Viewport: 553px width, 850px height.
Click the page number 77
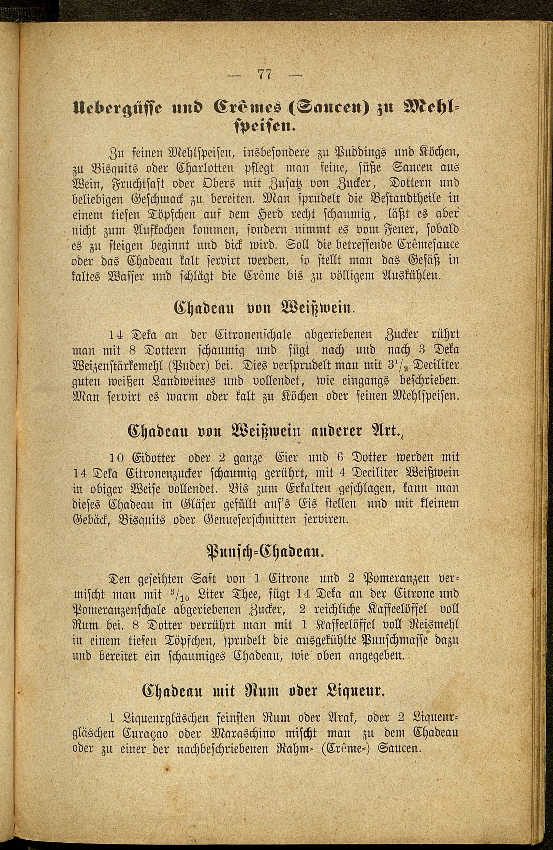pyautogui.click(x=264, y=75)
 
